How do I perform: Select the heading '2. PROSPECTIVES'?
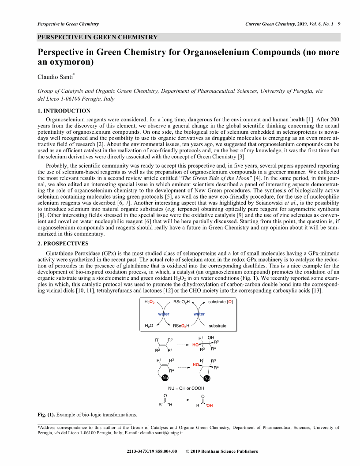point(63,244)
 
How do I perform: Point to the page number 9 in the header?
point(339,24)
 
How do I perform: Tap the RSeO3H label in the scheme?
point(181,326)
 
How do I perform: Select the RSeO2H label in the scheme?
point(181,302)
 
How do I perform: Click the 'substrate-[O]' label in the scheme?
point(220,302)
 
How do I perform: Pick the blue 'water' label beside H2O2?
point(164,314)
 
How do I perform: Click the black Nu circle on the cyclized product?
point(206,378)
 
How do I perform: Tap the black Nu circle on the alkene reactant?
point(165,378)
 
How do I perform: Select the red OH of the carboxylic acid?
point(210,406)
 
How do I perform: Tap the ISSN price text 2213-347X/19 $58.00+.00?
point(152,451)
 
